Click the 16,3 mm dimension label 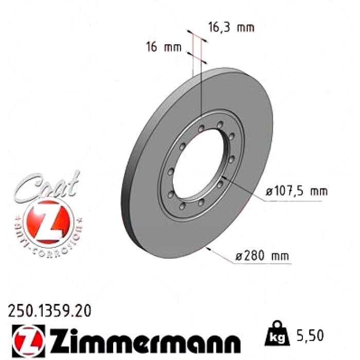(231, 28)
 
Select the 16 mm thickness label (164, 47)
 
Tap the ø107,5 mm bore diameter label (296, 191)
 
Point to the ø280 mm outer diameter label (262, 255)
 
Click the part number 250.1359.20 (49, 311)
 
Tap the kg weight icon (277, 334)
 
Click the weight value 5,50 (310, 335)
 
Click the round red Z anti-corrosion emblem (48, 222)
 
